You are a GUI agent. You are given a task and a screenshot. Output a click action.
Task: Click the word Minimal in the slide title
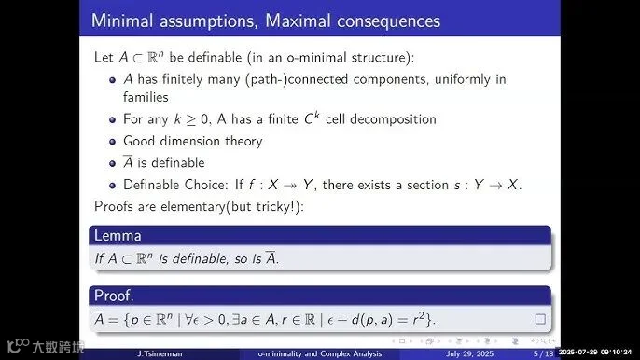(x=121, y=21)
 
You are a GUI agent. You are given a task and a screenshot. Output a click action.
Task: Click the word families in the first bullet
(x=146, y=97)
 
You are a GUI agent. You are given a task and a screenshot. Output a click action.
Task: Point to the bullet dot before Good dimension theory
(x=113, y=142)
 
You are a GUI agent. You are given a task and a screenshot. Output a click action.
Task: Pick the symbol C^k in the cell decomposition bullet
(x=312, y=118)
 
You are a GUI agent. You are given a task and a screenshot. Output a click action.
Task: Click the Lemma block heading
(x=118, y=236)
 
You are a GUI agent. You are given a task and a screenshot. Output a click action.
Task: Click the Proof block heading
(x=114, y=296)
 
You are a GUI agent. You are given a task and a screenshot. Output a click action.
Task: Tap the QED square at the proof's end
(x=540, y=319)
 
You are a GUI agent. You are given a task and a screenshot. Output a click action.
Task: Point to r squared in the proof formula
(x=419, y=319)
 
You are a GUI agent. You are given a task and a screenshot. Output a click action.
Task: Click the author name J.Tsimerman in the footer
(x=160, y=353)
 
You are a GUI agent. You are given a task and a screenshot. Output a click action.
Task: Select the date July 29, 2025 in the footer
(x=469, y=353)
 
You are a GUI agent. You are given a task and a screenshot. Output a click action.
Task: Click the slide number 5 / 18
(x=543, y=353)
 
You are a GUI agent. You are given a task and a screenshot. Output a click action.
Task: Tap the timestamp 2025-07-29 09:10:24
(x=595, y=352)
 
